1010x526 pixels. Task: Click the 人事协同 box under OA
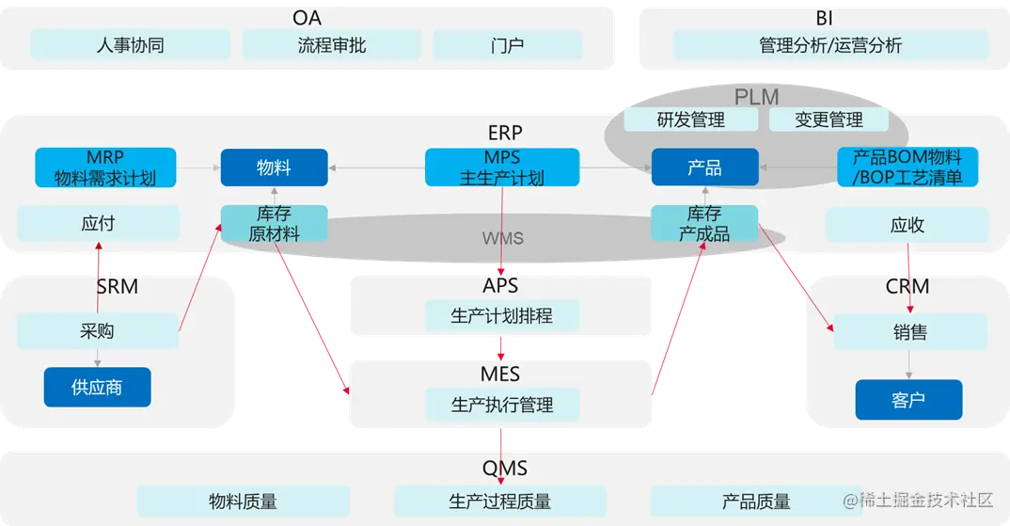click(130, 45)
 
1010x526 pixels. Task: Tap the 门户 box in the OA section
click(507, 45)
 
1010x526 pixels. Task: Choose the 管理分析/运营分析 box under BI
click(830, 45)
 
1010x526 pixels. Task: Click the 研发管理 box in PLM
click(691, 120)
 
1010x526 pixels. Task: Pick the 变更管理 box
click(829, 120)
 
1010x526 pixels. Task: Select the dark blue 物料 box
click(274, 167)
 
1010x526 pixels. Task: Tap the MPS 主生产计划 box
click(502, 167)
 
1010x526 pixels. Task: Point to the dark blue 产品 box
click(704, 167)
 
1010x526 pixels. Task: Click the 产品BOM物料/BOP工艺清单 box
click(907, 167)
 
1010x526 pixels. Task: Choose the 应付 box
click(98, 224)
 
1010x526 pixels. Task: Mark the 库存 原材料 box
click(275, 224)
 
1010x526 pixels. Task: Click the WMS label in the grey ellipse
click(502, 238)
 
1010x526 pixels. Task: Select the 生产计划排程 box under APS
click(501, 316)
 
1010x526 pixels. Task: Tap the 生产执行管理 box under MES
click(501, 405)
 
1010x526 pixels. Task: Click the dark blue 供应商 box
click(97, 387)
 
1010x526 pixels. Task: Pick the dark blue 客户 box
click(908, 399)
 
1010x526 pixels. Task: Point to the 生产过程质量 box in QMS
click(499, 502)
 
